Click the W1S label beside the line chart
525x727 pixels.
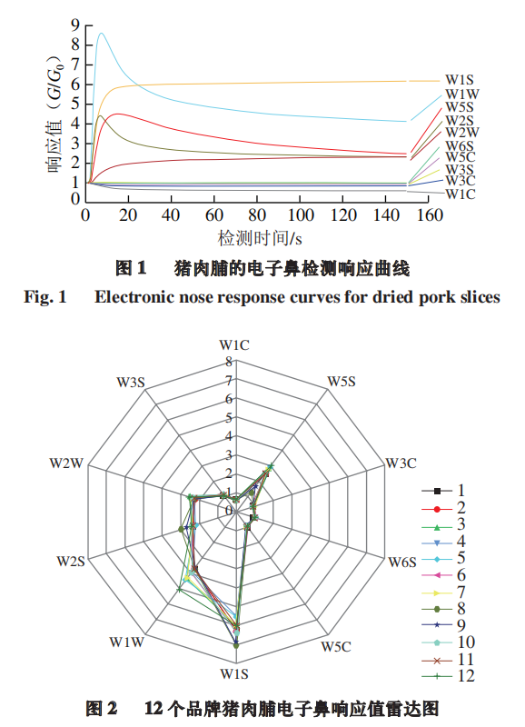point(460,79)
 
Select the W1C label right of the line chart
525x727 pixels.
point(461,194)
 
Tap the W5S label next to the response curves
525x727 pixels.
point(460,107)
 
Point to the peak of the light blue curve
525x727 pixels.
point(101,34)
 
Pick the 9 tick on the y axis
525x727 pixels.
point(74,25)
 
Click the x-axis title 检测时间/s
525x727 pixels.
point(259,238)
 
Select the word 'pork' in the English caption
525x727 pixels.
point(418,297)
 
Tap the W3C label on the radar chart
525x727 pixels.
point(401,463)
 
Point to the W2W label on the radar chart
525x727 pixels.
point(67,463)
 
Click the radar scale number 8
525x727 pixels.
point(229,362)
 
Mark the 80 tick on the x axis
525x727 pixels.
point(259,215)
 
